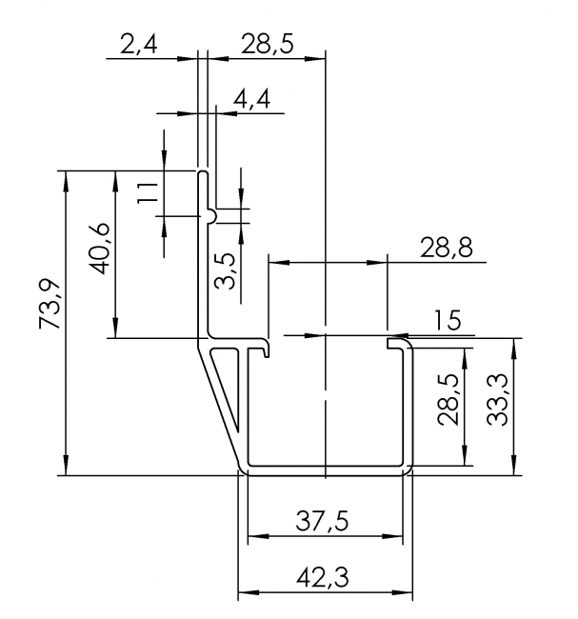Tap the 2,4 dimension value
pos(139,43)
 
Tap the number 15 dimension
pos(447,320)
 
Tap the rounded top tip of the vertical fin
pos(203,174)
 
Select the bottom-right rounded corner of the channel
pos(409,468)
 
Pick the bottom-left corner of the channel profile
pos(243,468)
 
